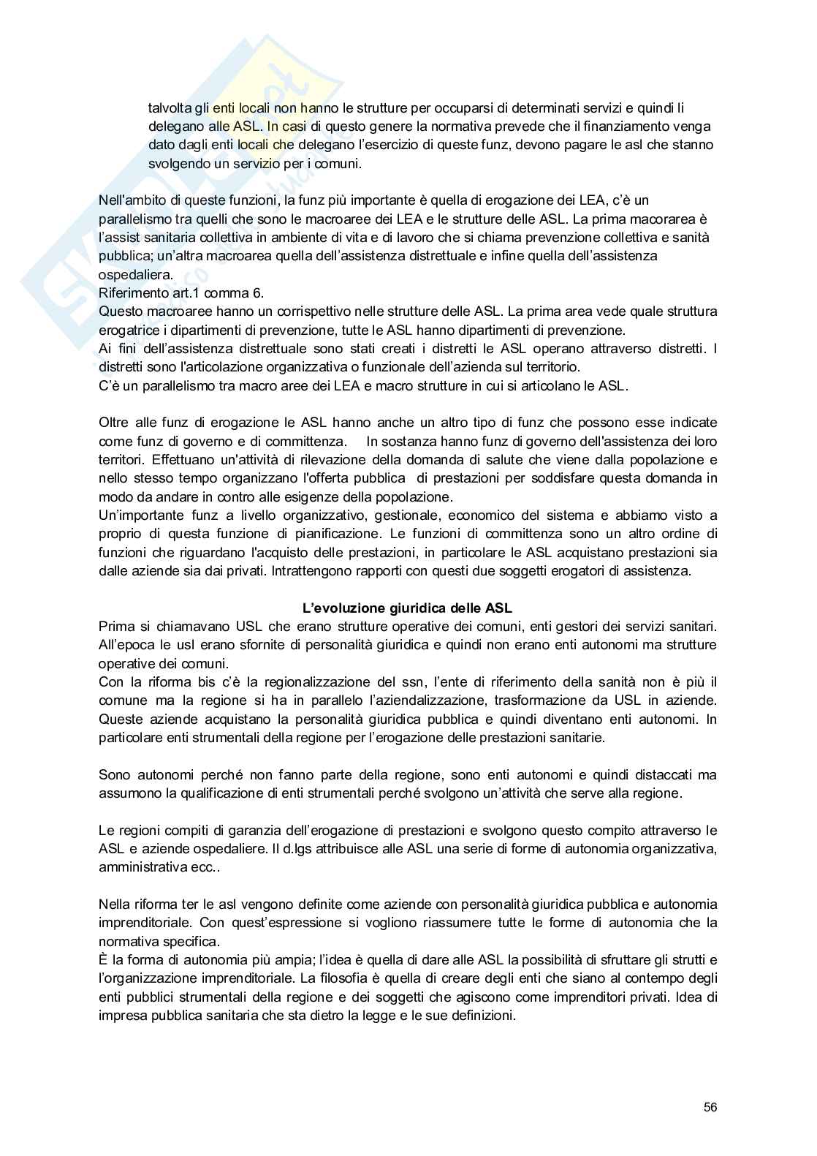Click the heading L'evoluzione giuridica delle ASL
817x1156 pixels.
408,608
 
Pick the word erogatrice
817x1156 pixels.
128,330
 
